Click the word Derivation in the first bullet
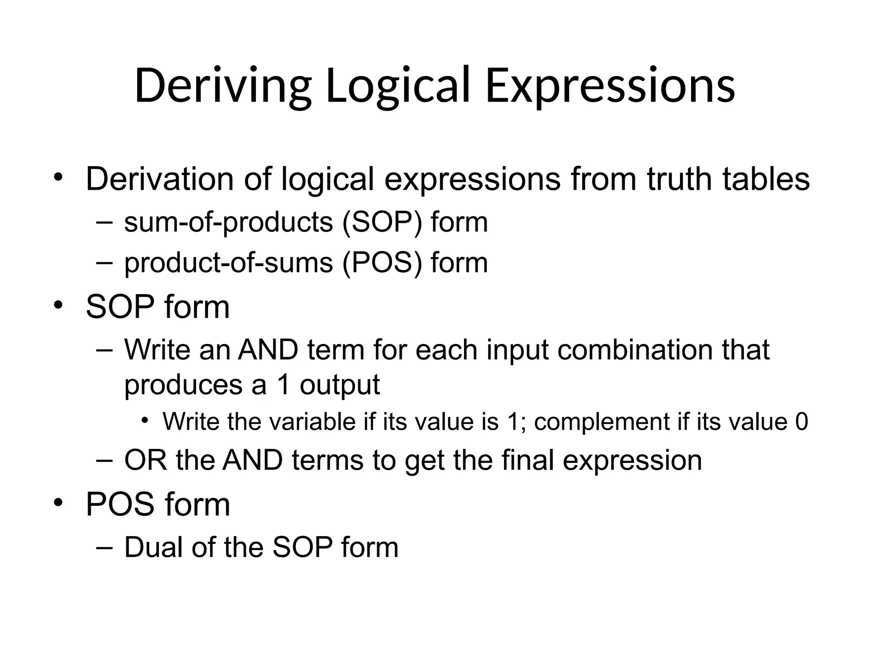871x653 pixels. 159,179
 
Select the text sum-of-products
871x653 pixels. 228,222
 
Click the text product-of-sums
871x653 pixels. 228,263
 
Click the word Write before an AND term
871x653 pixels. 157,350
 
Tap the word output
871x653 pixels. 339,385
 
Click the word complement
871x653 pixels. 602,422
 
